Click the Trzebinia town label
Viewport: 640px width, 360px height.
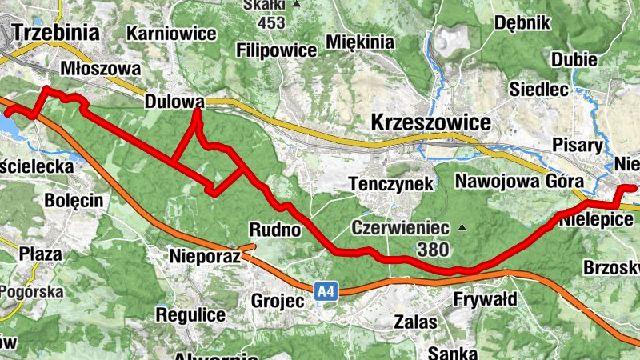tap(55, 33)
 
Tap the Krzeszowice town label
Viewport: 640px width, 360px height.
tap(430, 122)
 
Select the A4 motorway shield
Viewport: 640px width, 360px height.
tap(324, 292)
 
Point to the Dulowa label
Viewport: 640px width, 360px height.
tap(174, 102)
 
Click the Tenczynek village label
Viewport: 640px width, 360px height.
tap(392, 183)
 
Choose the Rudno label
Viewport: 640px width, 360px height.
tap(274, 230)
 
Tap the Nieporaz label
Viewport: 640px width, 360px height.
tap(205, 257)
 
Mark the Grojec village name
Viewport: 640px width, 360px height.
tap(278, 302)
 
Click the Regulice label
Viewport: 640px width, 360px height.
tap(190, 314)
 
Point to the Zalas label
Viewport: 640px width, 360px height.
tap(416, 322)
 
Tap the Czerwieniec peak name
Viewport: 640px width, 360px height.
tap(400, 228)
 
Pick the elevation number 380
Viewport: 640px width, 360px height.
tap(432, 250)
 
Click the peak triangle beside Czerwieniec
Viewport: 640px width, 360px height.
tap(462, 228)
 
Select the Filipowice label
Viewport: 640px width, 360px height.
tap(277, 50)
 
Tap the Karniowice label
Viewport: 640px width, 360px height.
tap(172, 34)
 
